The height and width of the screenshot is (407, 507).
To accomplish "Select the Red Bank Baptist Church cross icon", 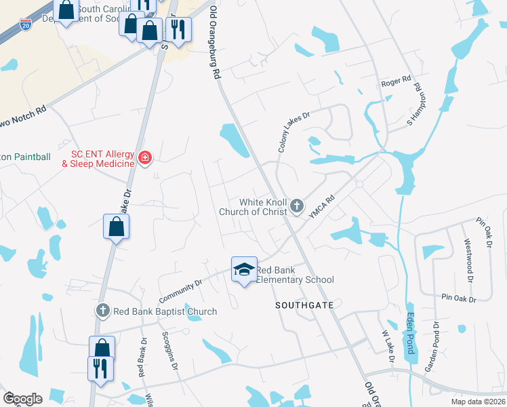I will tap(102, 311).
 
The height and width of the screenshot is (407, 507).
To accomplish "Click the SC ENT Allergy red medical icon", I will tap(144, 158).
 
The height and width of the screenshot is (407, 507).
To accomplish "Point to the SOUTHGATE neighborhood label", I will tap(304, 306).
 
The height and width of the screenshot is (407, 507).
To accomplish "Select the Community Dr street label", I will tap(181, 291).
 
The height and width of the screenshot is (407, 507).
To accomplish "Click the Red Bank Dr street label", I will tap(142, 357).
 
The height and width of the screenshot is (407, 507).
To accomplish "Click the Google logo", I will tap(22, 398).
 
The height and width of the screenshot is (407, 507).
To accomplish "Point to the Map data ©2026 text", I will tap(478, 402).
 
